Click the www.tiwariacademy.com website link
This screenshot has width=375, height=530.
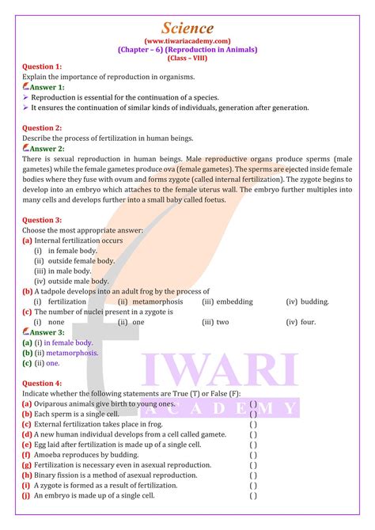tap(187, 40)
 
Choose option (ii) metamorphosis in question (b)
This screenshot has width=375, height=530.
tap(150, 302)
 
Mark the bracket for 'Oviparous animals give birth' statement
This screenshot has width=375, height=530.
tap(253, 403)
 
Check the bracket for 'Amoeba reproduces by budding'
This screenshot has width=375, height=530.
tap(253, 455)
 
